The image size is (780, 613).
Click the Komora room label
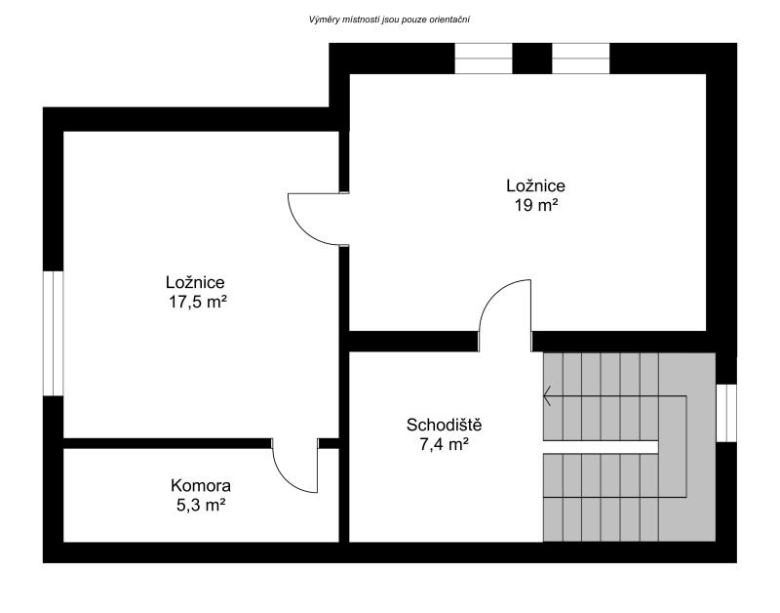coord(201,485)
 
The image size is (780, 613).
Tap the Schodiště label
coord(445,425)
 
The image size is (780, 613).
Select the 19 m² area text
coord(535,205)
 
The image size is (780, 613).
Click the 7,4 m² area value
coord(445,444)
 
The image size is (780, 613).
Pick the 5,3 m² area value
coord(201,505)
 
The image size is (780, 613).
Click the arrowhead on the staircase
coord(546,396)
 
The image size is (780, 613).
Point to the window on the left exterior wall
coord(54,333)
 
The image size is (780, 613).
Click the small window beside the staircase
coord(726,413)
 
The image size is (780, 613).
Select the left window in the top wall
coord(484,59)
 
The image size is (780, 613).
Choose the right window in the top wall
coord(580,59)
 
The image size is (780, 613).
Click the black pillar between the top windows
coord(531,59)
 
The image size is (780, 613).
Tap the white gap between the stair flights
coord(601,447)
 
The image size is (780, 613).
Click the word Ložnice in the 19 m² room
coord(535,185)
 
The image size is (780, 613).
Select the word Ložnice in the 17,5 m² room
coord(195,282)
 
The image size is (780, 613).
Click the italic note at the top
coord(389,20)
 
